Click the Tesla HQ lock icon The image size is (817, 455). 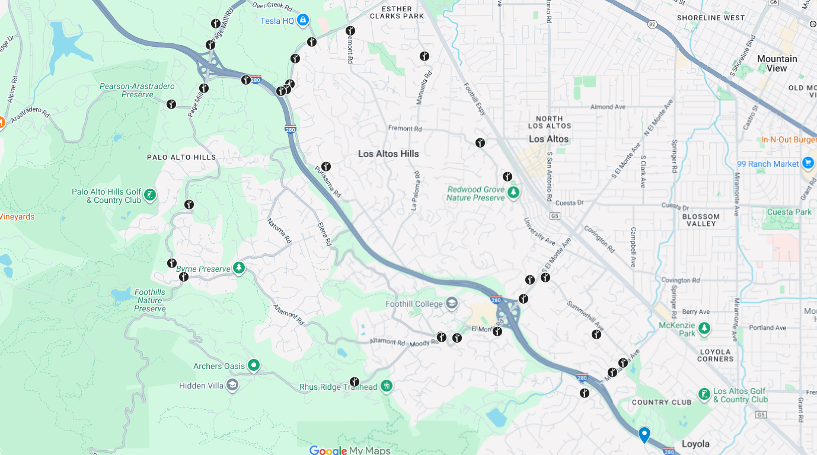point(303,20)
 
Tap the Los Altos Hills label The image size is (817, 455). point(388,154)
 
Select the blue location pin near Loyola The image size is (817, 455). point(644,434)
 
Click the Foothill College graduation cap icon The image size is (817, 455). point(452,304)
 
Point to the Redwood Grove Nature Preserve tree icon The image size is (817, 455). point(513,192)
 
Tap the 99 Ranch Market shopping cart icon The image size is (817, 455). point(808,163)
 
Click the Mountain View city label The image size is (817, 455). point(777,63)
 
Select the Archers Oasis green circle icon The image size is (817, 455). point(254,365)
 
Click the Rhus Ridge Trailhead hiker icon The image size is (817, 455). point(387,387)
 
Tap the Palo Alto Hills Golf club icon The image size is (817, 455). point(150,195)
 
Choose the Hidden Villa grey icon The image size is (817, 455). point(232,386)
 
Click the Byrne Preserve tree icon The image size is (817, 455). point(239,268)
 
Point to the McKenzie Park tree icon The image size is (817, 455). point(704,328)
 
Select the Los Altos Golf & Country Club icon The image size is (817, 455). point(704,394)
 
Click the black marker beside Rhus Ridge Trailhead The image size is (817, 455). point(355,382)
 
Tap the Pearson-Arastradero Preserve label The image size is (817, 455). point(137,90)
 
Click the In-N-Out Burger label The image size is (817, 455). point(789,140)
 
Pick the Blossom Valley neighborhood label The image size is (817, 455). point(701,220)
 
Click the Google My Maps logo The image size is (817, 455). point(350,450)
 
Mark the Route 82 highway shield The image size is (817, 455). point(652,24)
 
